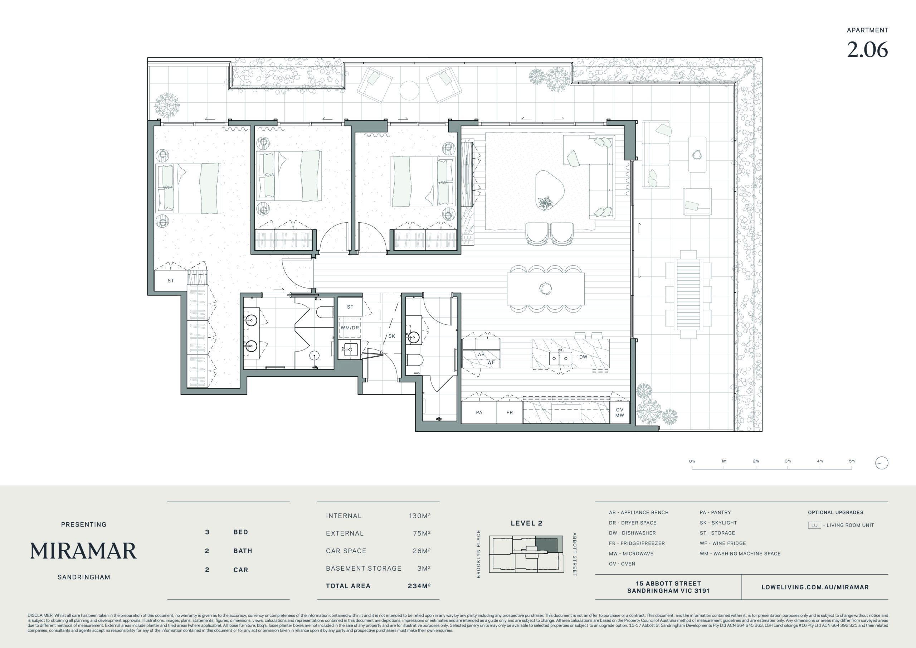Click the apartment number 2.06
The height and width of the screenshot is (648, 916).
point(867,50)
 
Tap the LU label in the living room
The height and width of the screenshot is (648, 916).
point(467,238)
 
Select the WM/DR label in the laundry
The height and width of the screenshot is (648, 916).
point(350,328)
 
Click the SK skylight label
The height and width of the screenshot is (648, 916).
point(391,336)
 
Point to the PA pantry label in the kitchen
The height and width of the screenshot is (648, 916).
point(479,412)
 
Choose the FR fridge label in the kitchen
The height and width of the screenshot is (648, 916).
point(510,412)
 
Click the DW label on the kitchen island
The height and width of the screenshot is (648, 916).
point(583,357)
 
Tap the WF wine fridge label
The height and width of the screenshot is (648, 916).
point(491,363)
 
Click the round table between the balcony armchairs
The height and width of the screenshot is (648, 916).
point(409,91)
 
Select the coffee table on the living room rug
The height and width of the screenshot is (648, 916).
point(550,190)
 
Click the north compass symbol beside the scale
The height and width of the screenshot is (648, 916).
point(882,463)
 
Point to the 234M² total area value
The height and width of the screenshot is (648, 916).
point(419,586)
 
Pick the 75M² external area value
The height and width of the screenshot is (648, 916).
point(422,533)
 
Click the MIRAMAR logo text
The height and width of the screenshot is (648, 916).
point(83,551)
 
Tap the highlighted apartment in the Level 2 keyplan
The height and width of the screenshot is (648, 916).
point(546,545)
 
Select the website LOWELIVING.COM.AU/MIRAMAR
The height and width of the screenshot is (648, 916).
point(815,587)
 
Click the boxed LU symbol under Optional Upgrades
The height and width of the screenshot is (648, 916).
point(814,525)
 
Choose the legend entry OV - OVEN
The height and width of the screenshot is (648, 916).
point(622,564)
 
